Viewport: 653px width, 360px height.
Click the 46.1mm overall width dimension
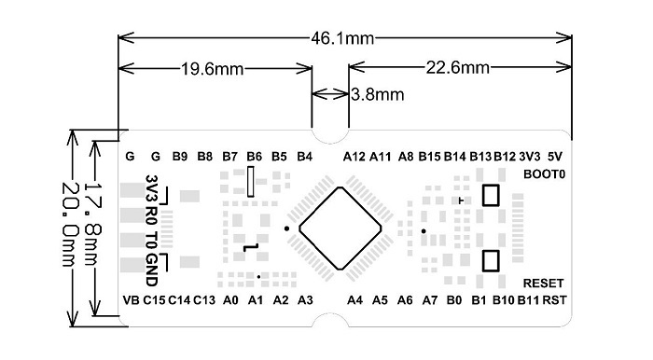(x=342, y=38)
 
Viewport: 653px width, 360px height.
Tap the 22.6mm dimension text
(x=458, y=68)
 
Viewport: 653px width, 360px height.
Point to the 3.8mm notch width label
(x=378, y=94)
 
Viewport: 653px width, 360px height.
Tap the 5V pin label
(x=555, y=156)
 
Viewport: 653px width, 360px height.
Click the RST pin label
(x=554, y=299)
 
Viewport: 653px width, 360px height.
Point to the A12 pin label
(x=354, y=156)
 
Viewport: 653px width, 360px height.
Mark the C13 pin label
(x=204, y=299)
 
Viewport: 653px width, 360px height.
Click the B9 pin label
(x=181, y=156)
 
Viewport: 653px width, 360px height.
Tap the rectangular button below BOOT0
(x=490, y=196)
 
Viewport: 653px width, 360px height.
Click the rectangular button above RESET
(x=490, y=260)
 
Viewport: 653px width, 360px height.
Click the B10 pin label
(x=504, y=299)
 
